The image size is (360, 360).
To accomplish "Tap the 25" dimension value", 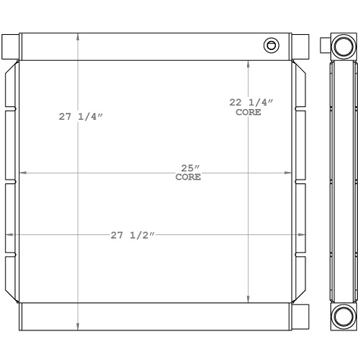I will pos(189,167).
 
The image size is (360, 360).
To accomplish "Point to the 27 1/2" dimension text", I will pos(133,236).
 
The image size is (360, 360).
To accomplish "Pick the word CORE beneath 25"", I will pos(188,177).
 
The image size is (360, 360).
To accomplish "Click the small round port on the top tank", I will pos(271,45).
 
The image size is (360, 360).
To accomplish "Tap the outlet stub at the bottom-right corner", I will pos(301,313).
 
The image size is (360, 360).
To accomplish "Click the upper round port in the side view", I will pos(343,46).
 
